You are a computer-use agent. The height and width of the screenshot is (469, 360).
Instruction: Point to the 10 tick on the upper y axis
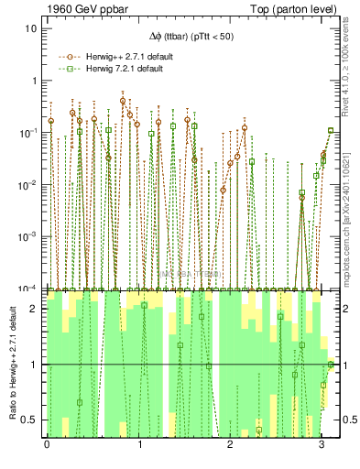point(31,28)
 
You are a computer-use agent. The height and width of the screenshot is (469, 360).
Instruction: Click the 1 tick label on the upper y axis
point(34,81)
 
